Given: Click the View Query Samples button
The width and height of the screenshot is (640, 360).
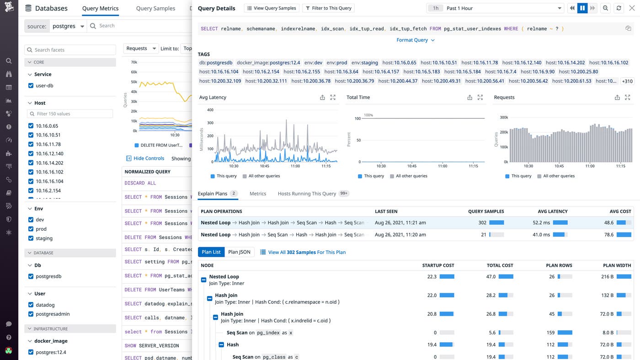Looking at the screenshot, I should coord(272,8).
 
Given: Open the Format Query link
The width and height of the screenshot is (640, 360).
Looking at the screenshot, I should coord(415,40).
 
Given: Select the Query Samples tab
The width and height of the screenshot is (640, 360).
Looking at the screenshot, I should coord(155,8).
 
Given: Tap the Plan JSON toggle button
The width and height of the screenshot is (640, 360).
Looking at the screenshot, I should coord(239,252).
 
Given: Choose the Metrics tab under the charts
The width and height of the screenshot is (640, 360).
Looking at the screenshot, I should coord(258,194).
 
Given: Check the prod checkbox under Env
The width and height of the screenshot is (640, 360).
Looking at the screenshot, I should coord(31,229).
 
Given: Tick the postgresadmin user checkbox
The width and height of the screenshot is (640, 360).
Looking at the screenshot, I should coord(31,314).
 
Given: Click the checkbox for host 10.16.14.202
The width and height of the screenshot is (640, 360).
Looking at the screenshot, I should coord(31,163).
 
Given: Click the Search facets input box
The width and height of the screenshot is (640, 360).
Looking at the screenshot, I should coord(70,50).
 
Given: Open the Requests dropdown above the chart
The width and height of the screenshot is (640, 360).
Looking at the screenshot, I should coord(141,48).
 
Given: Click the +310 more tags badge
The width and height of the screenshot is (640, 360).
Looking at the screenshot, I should coord(627,81).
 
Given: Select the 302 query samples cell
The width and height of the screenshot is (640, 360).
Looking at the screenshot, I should coord(482,222).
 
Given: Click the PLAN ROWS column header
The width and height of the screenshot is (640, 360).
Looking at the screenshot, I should coord(559,265).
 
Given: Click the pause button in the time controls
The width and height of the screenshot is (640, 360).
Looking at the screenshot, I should coord(582,8).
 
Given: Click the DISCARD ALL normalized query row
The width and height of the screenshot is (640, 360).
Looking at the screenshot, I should coord(140,183).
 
